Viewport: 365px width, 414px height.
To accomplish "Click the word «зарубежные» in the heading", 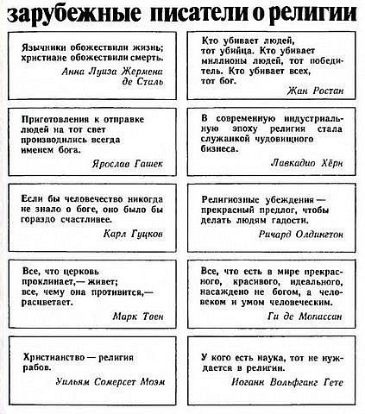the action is click(66, 13).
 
